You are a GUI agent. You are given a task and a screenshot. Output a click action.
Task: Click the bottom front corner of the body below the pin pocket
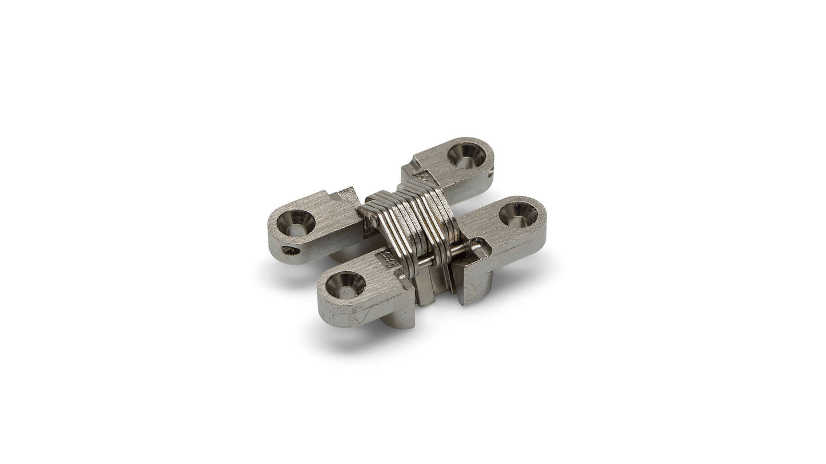470,301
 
